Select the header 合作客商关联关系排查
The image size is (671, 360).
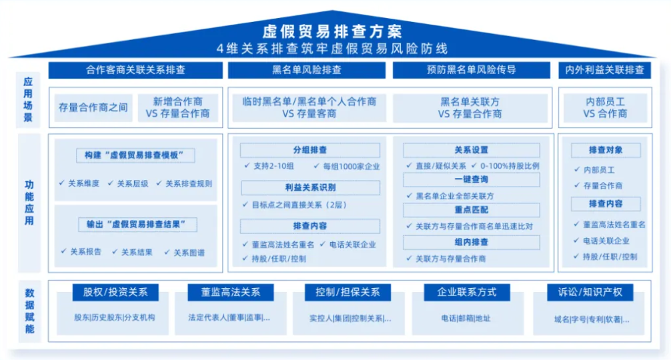135,70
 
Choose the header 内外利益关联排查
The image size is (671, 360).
604,70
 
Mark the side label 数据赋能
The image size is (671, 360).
29,311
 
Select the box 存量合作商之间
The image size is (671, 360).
93,107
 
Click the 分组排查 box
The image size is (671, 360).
310,150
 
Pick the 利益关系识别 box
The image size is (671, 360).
310,188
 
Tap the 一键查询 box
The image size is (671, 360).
472,179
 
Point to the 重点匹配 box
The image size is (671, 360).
472,210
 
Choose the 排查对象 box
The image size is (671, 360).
606,151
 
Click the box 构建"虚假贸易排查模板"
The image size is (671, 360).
135,155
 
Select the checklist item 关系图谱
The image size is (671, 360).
189,253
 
